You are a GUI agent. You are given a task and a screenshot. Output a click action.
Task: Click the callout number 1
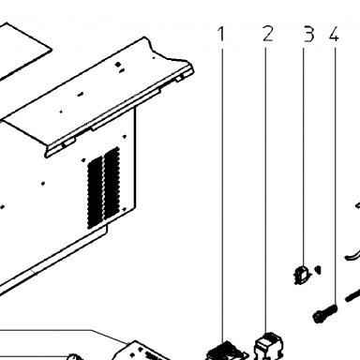point(221,34)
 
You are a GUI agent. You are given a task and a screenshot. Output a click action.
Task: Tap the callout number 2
point(268,34)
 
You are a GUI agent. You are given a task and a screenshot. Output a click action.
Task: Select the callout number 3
point(308,34)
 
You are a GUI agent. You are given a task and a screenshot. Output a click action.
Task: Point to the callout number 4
point(334,34)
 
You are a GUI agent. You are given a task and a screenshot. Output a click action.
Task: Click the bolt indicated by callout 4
point(325,313)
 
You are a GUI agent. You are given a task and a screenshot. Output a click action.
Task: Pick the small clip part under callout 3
point(302,275)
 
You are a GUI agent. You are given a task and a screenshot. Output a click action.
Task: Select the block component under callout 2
point(269,346)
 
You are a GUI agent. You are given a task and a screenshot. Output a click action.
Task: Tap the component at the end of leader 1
point(226,352)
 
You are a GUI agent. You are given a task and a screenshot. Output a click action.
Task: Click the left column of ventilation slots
point(95,191)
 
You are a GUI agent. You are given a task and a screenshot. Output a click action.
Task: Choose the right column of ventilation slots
point(112,184)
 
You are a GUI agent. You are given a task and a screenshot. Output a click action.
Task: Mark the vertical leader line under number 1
point(222,195)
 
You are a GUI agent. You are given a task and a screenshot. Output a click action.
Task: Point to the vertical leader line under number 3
point(303,157)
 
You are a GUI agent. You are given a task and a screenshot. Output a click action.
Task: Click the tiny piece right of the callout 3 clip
point(318,270)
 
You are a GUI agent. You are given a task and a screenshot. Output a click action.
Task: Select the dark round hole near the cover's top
point(118,65)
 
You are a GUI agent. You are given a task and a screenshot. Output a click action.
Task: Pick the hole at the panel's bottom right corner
point(125,209)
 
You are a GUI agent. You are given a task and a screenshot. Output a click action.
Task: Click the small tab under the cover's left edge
point(68,142)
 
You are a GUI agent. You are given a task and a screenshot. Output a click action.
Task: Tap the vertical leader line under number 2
point(265,190)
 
